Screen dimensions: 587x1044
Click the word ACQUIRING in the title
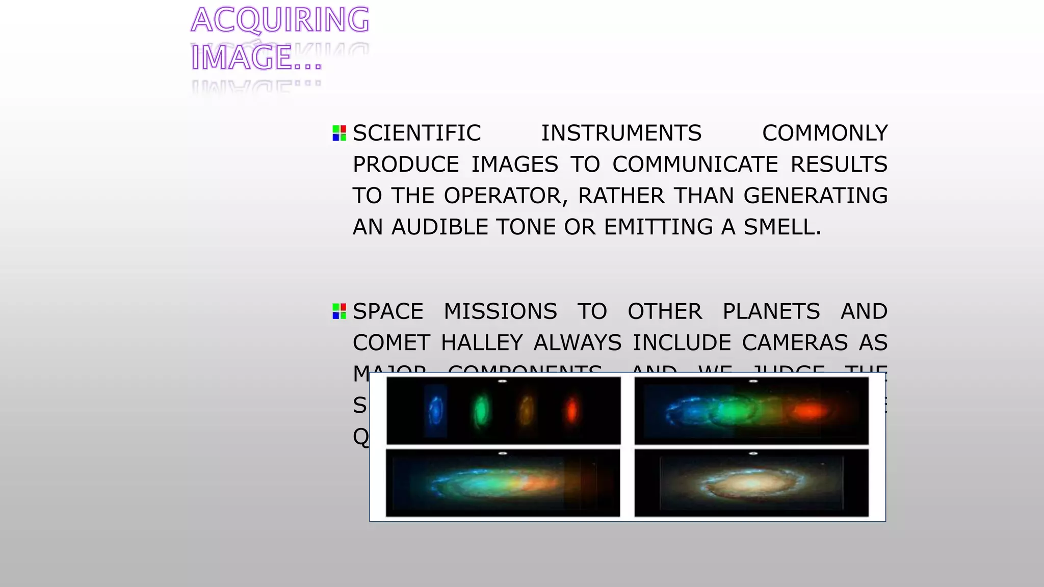pyautogui.click(x=280, y=20)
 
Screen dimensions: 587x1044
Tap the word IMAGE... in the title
pyautogui.click(x=256, y=58)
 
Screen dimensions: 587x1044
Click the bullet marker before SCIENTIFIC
pyautogui.click(x=339, y=133)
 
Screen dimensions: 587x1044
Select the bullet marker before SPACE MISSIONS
pyautogui.click(x=339, y=311)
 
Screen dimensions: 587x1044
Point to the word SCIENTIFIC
pyautogui.click(x=416, y=134)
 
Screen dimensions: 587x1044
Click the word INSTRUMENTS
pyautogui.click(x=621, y=134)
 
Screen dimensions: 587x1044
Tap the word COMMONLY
pyautogui.click(x=824, y=134)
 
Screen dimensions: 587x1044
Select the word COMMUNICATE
pyautogui.click(x=695, y=165)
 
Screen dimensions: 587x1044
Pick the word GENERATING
pyautogui.click(x=815, y=196)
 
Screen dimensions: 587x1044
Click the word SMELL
pyautogui.click(x=782, y=227)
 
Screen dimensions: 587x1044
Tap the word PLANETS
pyautogui.click(x=771, y=312)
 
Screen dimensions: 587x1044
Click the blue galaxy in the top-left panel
pyautogui.click(x=436, y=411)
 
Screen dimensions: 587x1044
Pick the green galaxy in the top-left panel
pyautogui.click(x=481, y=411)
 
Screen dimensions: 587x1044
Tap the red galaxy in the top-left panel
pyautogui.click(x=571, y=410)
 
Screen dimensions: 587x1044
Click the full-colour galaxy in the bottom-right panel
pyautogui.click(x=750, y=483)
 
